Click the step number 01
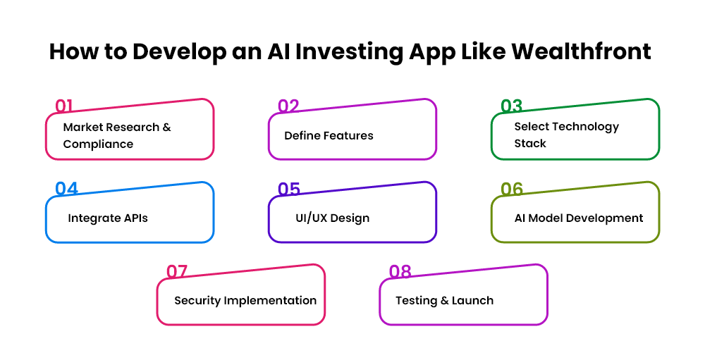64,106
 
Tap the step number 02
288,106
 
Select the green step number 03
511,106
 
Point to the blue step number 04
66,190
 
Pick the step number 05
289,190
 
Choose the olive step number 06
512,190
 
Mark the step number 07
177,272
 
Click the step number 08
400,272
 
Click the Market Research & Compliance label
117,135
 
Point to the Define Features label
329,135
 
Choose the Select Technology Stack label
566,135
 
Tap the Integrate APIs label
108,218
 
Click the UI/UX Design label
332,218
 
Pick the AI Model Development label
579,218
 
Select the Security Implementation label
245,301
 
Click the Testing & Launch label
444,301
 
